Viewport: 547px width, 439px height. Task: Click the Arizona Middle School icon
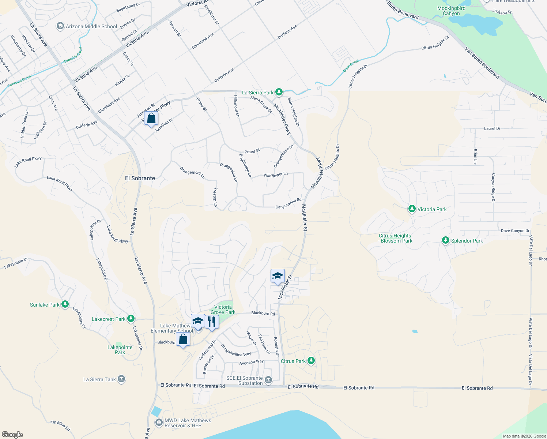coord(60,26)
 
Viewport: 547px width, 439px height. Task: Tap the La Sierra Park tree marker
coord(279,92)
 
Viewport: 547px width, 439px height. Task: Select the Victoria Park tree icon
coord(412,209)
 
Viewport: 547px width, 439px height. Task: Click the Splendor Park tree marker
coord(445,240)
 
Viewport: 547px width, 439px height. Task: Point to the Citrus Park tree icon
coord(311,361)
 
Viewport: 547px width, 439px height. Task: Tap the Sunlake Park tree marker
coord(65,304)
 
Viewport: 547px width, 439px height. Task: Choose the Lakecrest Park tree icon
coord(131,319)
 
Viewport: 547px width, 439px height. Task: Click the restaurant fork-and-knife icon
coord(212,322)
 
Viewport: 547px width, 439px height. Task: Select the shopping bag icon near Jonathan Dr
coord(151,119)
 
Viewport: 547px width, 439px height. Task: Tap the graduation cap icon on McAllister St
coord(278,276)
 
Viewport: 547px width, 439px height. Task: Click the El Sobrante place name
coord(140,178)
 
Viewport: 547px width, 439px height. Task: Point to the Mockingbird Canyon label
coord(451,11)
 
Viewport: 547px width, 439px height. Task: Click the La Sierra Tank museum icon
coord(121,379)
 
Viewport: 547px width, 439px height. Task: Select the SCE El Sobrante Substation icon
coord(268,380)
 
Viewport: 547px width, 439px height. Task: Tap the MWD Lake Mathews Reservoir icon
coord(159,423)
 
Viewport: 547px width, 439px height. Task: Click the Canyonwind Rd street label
coord(288,203)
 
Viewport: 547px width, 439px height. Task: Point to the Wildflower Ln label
coord(276,175)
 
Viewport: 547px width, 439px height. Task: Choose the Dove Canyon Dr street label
coord(515,231)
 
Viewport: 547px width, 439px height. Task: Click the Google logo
coord(12,434)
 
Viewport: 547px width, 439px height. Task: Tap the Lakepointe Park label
coord(120,350)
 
